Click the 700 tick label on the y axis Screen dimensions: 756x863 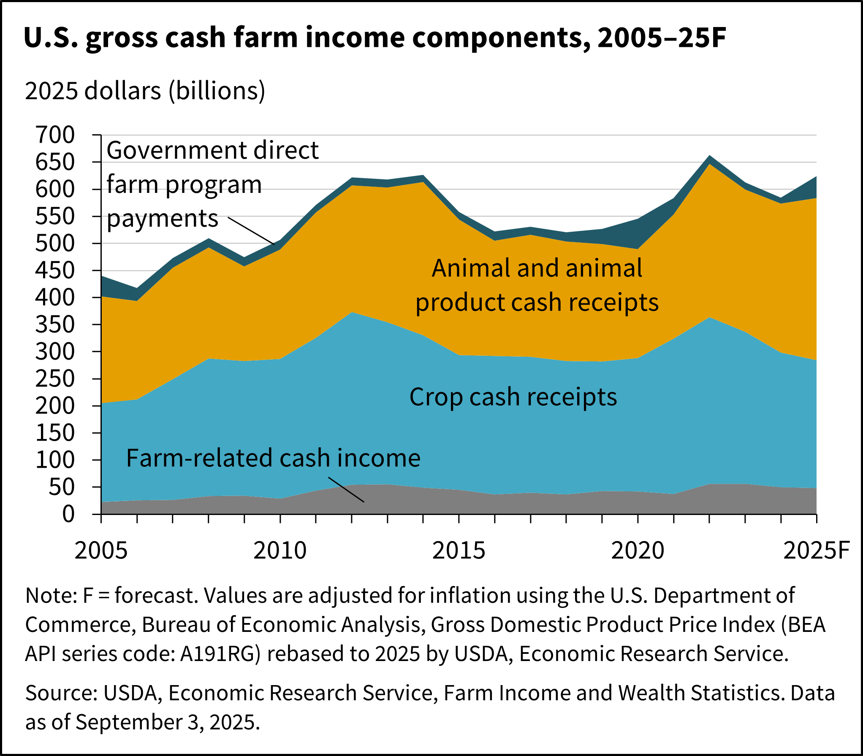point(55,135)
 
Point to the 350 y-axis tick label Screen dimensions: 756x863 point(55,325)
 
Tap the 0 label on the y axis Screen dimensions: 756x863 point(68,514)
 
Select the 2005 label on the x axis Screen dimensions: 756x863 point(101,550)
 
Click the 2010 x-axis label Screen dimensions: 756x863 point(280,550)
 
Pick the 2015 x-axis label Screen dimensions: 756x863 point(459,550)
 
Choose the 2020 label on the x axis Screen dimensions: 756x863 point(638,550)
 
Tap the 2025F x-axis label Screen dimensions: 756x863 point(816,550)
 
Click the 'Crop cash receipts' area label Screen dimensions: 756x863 point(513,397)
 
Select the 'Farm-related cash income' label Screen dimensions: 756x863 point(273,458)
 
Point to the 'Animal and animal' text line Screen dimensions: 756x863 point(537,268)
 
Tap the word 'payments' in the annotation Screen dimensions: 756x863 point(163,219)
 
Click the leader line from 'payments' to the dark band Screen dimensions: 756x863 point(252,231)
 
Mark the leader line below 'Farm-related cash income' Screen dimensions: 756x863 point(346,490)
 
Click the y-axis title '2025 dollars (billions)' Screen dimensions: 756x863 point(145,91)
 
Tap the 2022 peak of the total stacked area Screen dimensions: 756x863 point(710,156)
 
